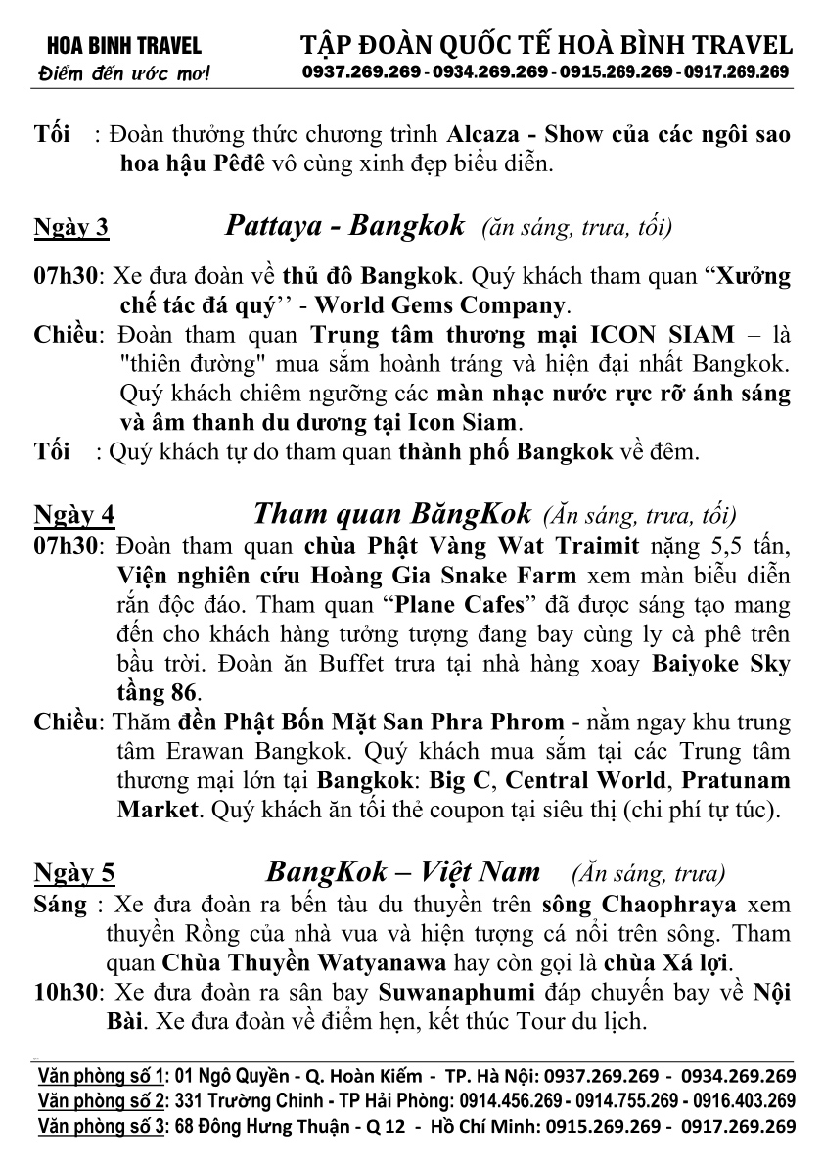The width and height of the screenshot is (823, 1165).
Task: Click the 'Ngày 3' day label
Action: click(71, 229)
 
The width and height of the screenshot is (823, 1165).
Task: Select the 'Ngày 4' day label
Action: click(74, 515)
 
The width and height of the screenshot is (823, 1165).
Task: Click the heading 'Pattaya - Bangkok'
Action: click(344, 226)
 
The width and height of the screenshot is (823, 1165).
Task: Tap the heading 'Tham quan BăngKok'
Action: click(392, 513)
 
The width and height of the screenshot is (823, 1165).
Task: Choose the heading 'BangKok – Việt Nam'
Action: click(403, 870)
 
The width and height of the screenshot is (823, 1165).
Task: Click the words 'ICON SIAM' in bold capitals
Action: click(664, 334)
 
